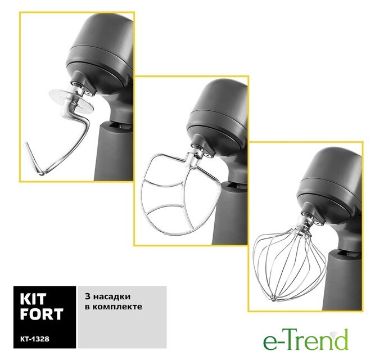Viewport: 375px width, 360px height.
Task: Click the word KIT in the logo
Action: coord(33,299)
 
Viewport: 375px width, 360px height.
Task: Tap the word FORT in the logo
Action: coord(42,314)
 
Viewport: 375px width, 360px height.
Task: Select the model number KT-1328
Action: coord(35,339)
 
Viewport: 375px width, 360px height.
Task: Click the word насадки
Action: coord(112,296)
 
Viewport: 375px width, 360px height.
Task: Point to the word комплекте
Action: coord(117,307)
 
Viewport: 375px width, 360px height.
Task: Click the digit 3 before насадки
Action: coord(88,296)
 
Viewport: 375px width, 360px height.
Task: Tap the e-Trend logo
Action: coord(306,339)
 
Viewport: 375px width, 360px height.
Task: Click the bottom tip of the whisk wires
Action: coord(273,299)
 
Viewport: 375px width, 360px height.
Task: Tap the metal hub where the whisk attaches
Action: coord(304,224)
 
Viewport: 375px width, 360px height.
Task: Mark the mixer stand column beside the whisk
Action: coord(342,282)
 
